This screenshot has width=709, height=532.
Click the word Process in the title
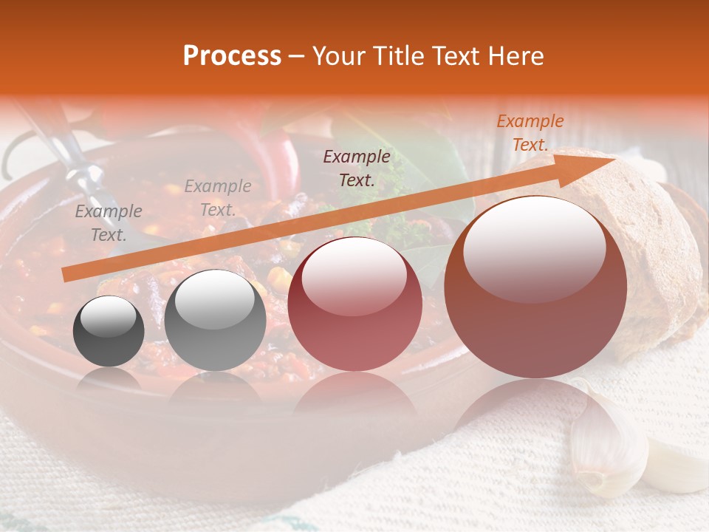pyautogui.click(x=232, y=56)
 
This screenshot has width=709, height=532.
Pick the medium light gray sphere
pyautogui.click(x=215, y=321)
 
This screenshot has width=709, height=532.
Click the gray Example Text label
pyautogui.click(x=109, y=223)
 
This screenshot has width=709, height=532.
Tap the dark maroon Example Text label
pyautogui.click(x=357, y=168)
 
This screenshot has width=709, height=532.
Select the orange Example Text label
pyautogui.click(x=530, y=133)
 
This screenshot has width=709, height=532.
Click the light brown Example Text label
pyautogui.click(x=217, y=198)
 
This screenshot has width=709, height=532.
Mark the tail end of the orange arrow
pyautogui.click(x=66, y=275)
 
